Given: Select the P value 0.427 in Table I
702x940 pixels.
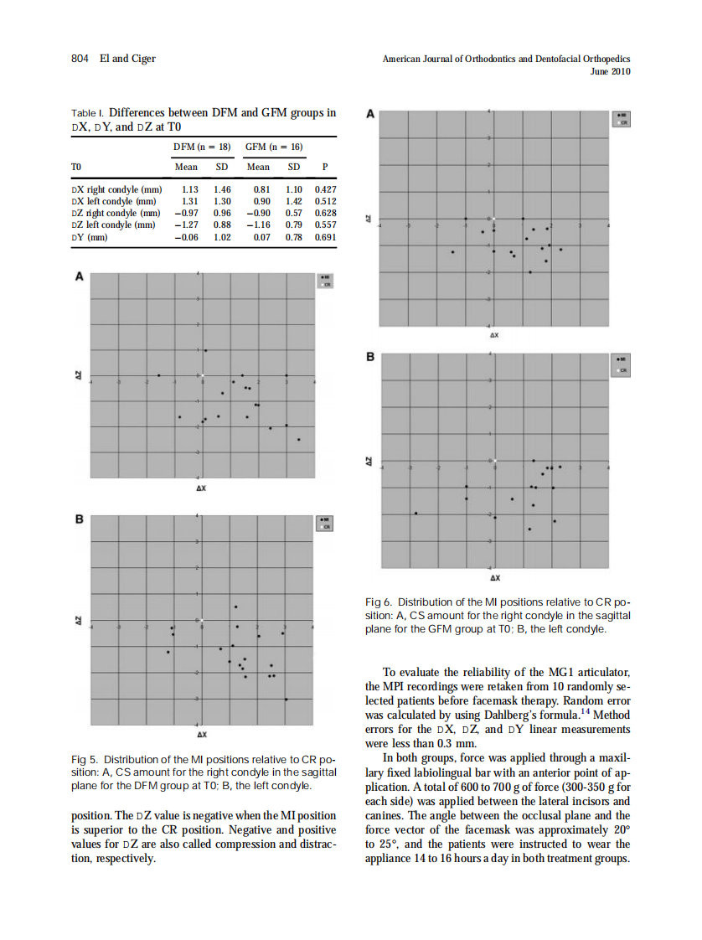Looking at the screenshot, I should coord(325,190).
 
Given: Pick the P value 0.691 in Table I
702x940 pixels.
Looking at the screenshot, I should coord(325,237).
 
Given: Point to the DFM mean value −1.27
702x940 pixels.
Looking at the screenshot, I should coord(185,225).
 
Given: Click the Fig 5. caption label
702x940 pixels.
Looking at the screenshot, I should coord(86,759).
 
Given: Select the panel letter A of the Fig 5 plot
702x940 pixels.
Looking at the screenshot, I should coord(80,276).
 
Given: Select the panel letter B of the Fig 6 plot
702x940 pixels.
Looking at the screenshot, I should coord(371,358).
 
